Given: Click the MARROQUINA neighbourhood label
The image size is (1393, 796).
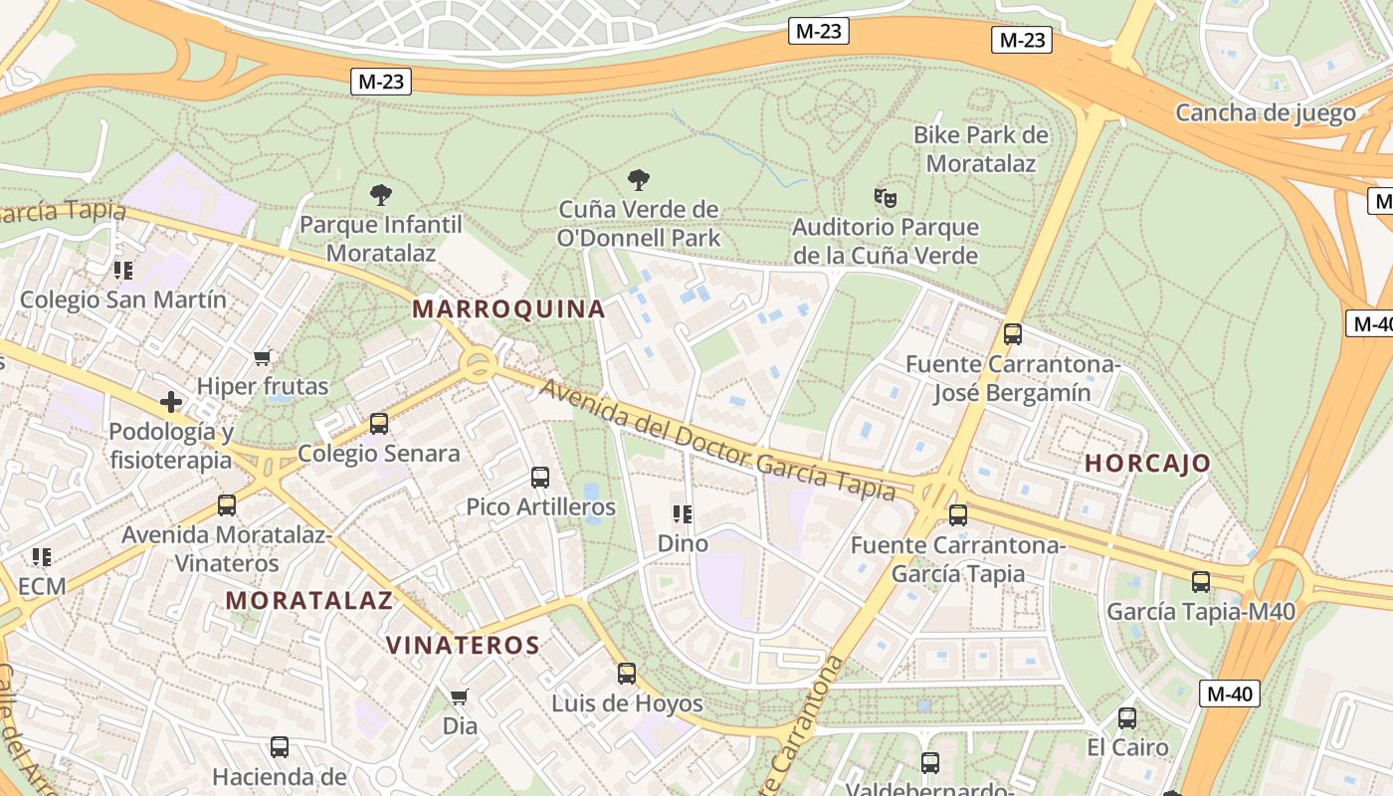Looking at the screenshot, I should point(508,308).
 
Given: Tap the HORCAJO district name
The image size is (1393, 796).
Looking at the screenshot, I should point(1147,463).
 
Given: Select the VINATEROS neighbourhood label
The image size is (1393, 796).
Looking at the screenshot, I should point(463,645).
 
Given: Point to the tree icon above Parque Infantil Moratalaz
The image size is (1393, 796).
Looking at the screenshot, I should point(380,194).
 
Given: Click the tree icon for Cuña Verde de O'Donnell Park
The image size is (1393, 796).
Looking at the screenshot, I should point(639,180).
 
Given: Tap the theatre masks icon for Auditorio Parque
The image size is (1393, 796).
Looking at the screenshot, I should point(886,198).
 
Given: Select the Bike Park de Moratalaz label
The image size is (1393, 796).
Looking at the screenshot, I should point(981,149).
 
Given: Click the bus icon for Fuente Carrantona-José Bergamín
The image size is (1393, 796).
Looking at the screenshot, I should point(1013,334).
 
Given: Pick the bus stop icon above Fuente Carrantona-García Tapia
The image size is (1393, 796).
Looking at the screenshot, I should point(958,515).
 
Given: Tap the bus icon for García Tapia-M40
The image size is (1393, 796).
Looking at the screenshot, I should point(1201,582).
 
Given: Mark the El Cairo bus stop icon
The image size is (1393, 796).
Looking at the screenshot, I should point(1126,718).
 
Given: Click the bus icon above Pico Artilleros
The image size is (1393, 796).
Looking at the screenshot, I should point(540,478).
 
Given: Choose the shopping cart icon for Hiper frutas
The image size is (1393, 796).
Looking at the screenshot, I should point(263,357).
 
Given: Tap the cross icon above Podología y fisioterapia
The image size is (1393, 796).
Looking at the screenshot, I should point(171,402).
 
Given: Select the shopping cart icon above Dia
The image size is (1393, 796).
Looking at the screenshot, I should point(459,696).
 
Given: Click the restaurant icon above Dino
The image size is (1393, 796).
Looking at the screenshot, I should point(683,514).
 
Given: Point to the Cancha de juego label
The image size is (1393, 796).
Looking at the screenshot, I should point(1265,112).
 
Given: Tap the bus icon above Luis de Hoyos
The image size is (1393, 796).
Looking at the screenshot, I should point(627,674).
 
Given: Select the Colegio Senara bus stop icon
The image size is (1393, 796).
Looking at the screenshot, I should point(379,424).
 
